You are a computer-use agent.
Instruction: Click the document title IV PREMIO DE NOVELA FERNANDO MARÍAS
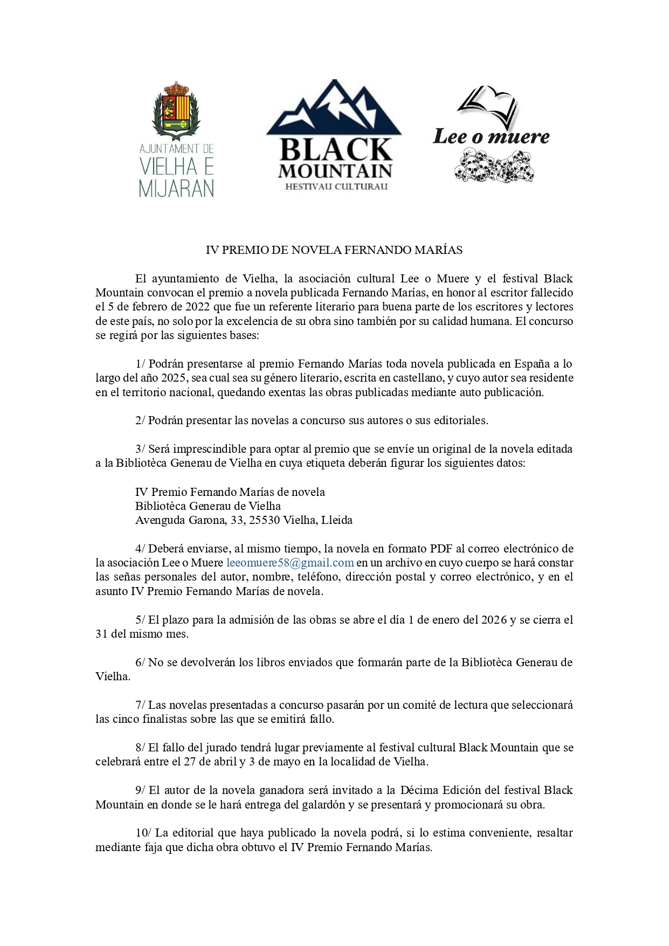[334, 250]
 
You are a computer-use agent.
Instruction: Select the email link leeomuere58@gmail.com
[290, 563]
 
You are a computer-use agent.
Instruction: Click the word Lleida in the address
[337, 520]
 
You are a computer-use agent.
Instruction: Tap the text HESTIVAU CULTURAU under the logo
[334, 187]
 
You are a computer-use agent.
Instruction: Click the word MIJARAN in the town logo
[176, 188]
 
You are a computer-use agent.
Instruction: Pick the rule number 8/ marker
[140, 748]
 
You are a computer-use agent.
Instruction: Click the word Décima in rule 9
[420, 790]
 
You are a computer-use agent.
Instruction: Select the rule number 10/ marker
[143, 833]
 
